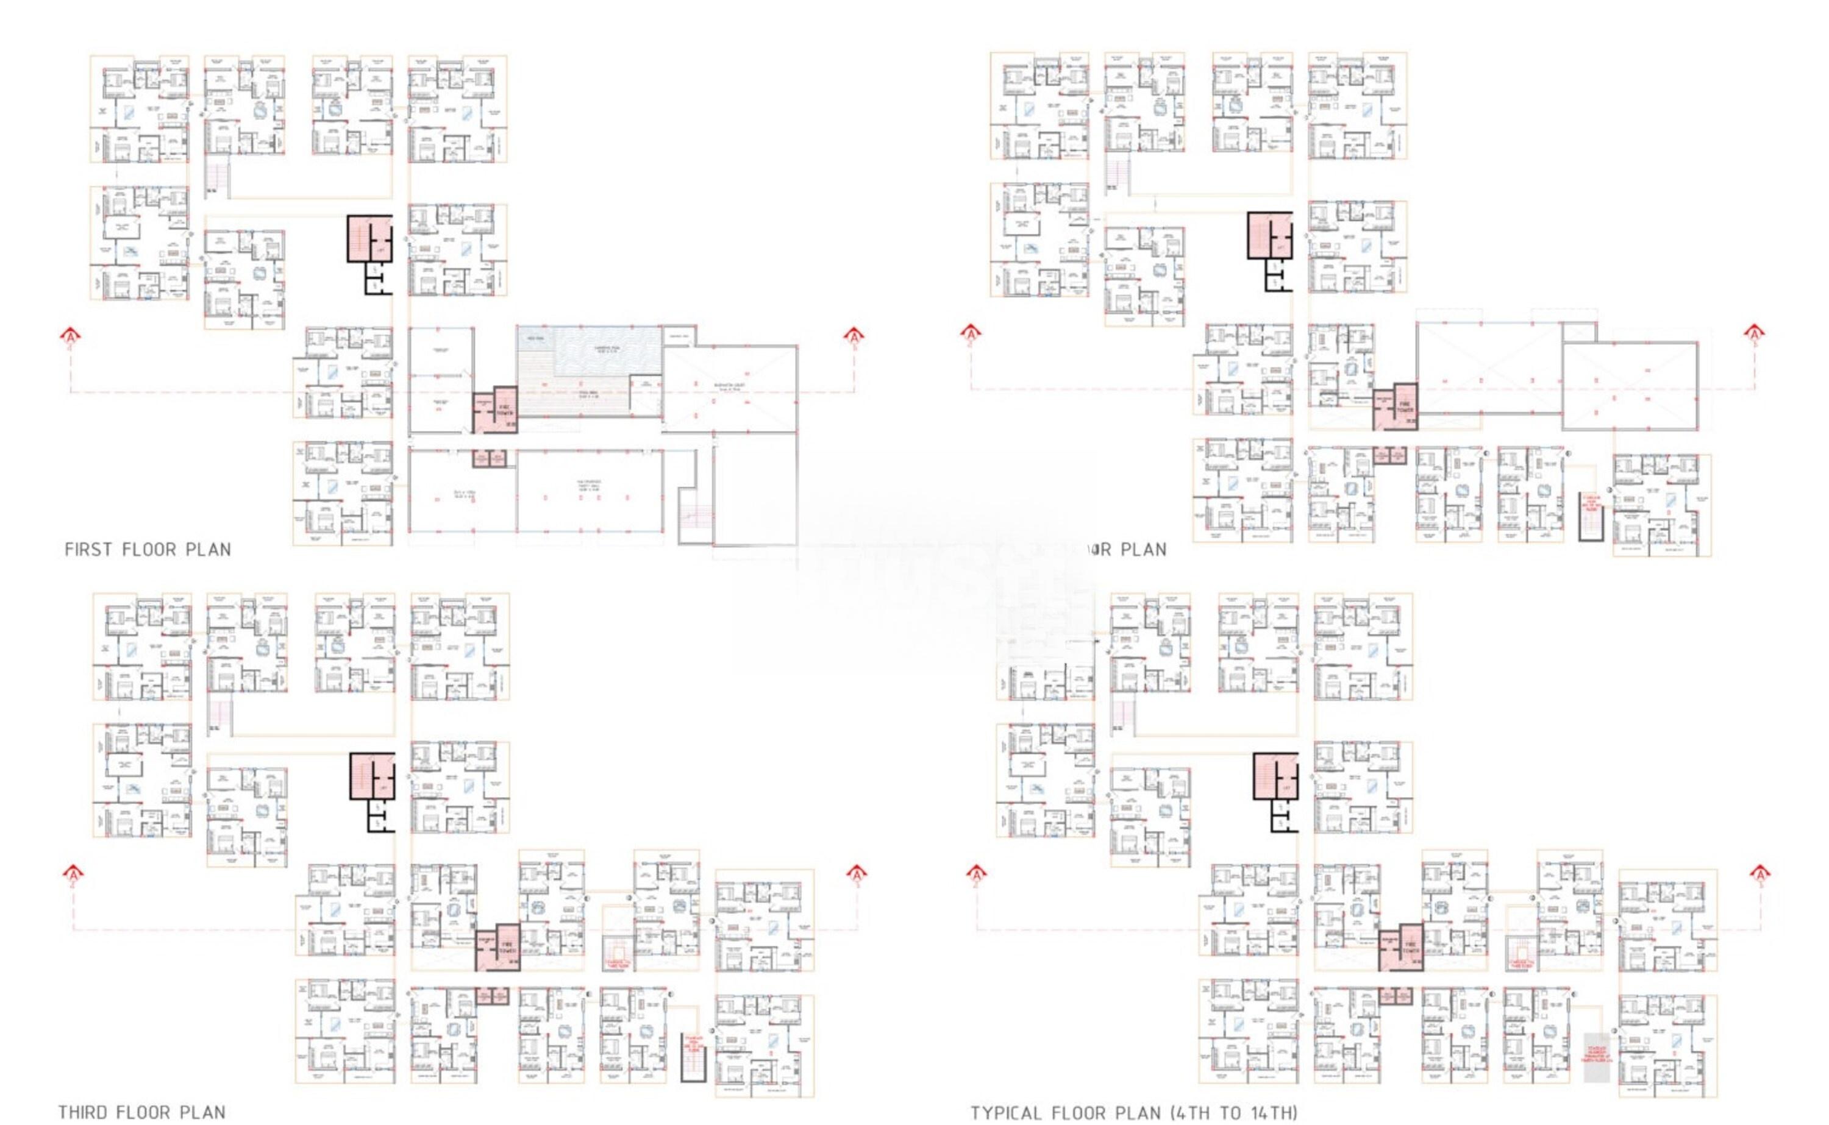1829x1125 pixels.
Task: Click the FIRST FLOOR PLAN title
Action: [x=148, y=550]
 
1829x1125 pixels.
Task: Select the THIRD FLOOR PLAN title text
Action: [x=142, y=1112]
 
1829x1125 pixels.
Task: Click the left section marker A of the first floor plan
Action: [x=71, y=336]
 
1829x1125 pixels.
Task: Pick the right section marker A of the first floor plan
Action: [x=854, y=336]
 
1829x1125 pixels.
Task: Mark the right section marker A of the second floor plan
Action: [x=1755, y=333]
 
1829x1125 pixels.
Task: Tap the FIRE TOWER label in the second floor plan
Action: [x=1405, y=406]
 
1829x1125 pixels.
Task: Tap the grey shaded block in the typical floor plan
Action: [x=1595, y=1057]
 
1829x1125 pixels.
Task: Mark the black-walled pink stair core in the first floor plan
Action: [x=369, y=239]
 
